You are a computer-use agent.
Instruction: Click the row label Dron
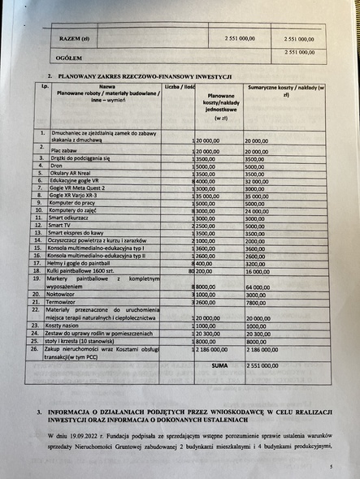[x=57, y=166]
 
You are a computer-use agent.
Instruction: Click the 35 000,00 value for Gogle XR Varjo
[x=260, y=196]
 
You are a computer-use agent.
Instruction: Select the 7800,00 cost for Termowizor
[x=255, y=302]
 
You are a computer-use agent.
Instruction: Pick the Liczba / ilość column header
[x=179, y=85]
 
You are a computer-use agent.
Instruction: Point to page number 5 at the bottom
[x=331, y=467]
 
